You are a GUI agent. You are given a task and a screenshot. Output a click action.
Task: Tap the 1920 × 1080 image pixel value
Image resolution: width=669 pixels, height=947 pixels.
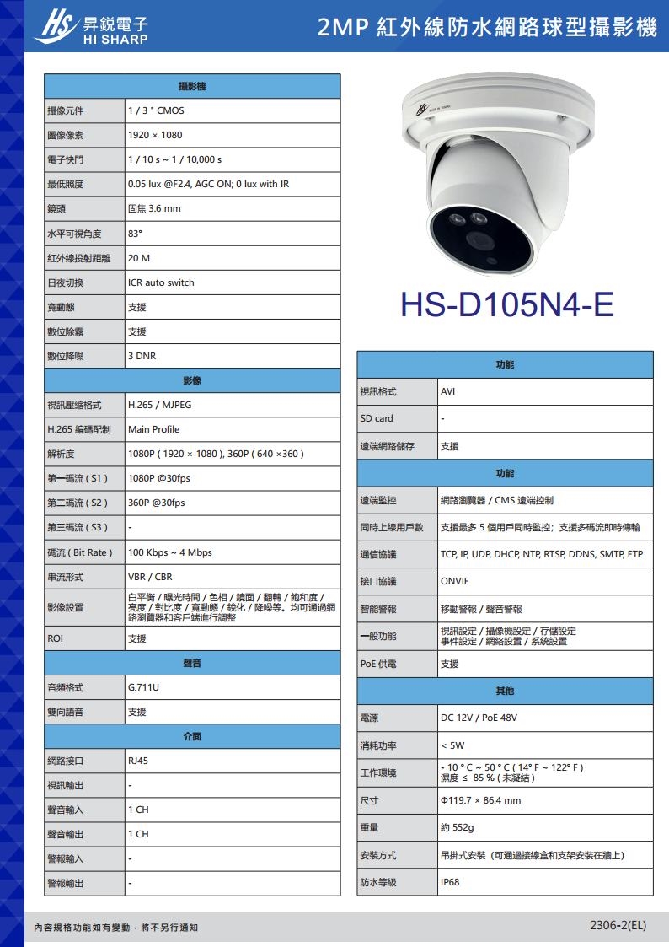pos(155,135)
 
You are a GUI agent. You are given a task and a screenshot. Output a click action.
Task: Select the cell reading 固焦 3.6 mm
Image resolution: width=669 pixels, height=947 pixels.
pos(154,208)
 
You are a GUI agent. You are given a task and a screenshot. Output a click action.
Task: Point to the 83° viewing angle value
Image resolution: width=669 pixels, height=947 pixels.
pos(135,234)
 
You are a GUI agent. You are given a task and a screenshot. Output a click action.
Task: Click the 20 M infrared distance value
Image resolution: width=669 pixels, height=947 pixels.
pos(139,258)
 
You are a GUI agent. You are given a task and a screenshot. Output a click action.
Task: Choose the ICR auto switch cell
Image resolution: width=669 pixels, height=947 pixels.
pos(161,282)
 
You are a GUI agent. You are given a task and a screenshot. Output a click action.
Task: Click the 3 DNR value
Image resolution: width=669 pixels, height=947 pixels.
pos(142,357)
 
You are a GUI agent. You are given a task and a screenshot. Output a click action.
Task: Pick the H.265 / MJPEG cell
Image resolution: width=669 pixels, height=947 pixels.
pos(159,405)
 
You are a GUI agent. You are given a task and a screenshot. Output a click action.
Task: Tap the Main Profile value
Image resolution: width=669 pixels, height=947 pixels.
pos(153,429)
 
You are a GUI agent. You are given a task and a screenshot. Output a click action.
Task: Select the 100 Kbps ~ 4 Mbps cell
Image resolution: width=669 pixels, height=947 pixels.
pos(170,552)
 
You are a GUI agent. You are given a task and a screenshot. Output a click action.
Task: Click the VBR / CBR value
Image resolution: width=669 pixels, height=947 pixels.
pos(150,578)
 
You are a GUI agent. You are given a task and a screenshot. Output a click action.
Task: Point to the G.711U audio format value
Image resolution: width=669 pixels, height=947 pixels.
pos(143,688)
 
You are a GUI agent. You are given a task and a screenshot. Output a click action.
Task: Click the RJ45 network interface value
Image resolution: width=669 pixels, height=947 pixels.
pos(138,761)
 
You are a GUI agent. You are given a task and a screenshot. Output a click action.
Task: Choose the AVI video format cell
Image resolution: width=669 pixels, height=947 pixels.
pos(448,392)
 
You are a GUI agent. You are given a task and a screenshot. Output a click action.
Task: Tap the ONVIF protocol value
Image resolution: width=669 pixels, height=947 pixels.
pos(455,582)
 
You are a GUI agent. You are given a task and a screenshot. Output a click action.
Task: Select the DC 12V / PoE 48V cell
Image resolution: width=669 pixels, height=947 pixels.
pos(479,718)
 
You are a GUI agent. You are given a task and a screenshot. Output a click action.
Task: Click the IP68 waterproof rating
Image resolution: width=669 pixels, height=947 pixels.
pos(450,882)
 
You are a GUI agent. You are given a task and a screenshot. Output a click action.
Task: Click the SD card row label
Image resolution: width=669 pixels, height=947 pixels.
pos(377,419)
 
